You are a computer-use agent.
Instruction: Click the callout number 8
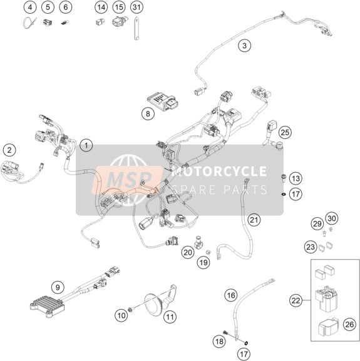pyautogui.click(x=148, y=113)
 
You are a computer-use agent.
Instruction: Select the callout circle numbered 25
pyautogui.click(x=285, y=133)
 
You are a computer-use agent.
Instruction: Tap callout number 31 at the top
pyautogui.click(x=137, y=7)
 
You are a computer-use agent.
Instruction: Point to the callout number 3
pyautogui.click(x=244, y=45)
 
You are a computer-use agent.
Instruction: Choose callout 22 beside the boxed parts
pyautogui.click(x=296, y=300)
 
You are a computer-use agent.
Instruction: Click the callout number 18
pyautogui.click(x=219, y=341)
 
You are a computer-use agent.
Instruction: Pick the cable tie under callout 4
pyautogui.click(x=29, y=23)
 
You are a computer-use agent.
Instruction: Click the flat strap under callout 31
pyautogui.click(x=137, y=29)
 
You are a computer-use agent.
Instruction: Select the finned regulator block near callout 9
pyautogui.click(x=48, y=306)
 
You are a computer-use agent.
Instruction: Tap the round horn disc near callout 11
pyautogui.click(x=153, y=304)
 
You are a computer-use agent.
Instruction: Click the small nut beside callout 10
pyautogui.click(x=130, y=310)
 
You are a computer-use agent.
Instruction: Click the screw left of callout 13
pyautogui.click(x=283, y=178)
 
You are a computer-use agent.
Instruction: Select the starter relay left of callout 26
pyautogui.click(x=325, y=299)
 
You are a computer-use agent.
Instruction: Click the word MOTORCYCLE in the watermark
pyautogui.click(x=219, y=171)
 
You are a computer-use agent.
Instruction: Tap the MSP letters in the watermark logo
pyautogui.click(x=130, y=179)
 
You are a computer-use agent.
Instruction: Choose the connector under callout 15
pyautogui.click(x=120, y=22)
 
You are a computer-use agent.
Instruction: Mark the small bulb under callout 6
pyautogui.click(x=65, y=23)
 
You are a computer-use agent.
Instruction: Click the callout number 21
pyautogui.click(x=254, y=220)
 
